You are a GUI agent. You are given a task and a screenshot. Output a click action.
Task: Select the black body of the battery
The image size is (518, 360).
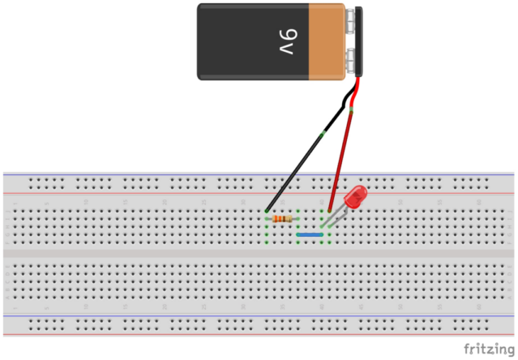[243, 42]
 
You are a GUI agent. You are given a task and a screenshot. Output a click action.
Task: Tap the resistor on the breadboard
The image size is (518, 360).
[283, 219]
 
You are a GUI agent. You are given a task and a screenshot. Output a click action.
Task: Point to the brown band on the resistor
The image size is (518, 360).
[279, 219]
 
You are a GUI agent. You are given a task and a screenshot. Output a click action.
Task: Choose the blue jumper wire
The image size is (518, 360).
[310, 234]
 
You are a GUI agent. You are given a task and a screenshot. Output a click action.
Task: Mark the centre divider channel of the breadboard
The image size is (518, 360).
[259, 253]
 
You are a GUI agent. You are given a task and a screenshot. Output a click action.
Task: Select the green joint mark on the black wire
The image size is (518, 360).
[324, 132]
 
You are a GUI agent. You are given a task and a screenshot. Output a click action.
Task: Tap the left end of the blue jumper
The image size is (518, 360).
[299, 234]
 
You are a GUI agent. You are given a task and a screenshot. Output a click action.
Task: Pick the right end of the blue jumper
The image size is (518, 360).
[323, 234]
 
